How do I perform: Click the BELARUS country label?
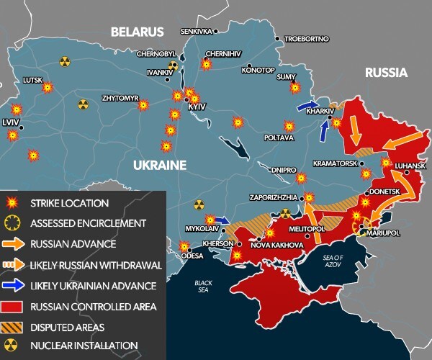click(x=137, y=32)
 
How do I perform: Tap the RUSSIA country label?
click(x=386, y=73)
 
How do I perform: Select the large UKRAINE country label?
click(x=159, y=166)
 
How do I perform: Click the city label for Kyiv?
click(x=197, y=107)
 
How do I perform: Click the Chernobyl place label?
click(x=156, y=54)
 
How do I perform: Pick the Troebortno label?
click(x=305, y=38)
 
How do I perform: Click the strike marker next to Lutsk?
click(x=48, y=88)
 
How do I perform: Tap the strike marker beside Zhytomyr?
click(x=143, y=104)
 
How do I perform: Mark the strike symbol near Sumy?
click(x=294, y=88)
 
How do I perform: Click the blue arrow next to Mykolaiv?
click(x=222, y=220)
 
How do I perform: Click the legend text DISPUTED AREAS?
click(x=69, y=327)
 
